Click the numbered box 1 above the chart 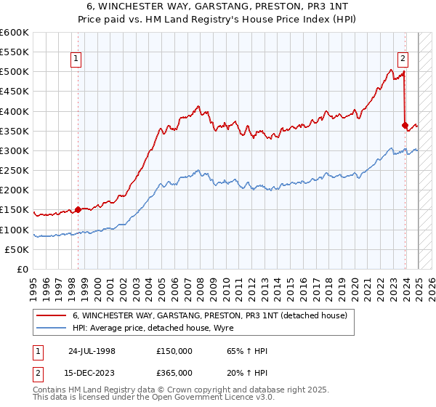click(76, 61)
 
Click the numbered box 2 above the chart click(403, 61)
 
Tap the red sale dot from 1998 click(78, 209)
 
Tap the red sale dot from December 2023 click(405, 125)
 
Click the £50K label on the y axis click(17, 249)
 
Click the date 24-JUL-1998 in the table click(92, 351)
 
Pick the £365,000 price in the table click(174, 373)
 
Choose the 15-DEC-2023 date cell click(92, 373)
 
